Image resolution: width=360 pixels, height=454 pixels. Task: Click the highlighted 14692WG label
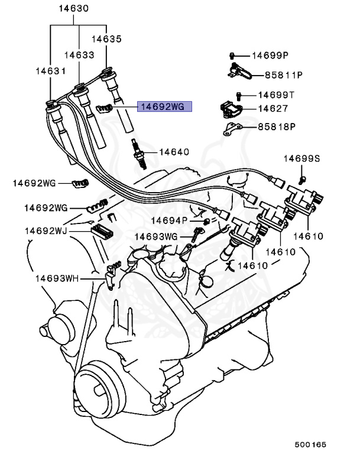161,107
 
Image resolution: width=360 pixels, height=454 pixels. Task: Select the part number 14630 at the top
74,9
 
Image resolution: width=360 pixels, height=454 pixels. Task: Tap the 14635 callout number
106,39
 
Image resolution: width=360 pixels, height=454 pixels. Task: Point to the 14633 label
79,54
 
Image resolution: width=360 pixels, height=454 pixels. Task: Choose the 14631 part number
50,70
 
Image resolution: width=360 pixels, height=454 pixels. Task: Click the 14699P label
270,56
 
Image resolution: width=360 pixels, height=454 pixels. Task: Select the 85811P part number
283,75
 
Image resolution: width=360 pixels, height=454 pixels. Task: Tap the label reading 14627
273,109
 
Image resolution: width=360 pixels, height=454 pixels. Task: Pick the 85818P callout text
277,127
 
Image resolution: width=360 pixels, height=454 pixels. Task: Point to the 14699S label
301,158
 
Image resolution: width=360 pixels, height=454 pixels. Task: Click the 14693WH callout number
56,277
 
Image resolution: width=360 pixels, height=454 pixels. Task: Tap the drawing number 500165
311,444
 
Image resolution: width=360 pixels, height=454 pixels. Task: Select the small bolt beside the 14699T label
239,95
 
